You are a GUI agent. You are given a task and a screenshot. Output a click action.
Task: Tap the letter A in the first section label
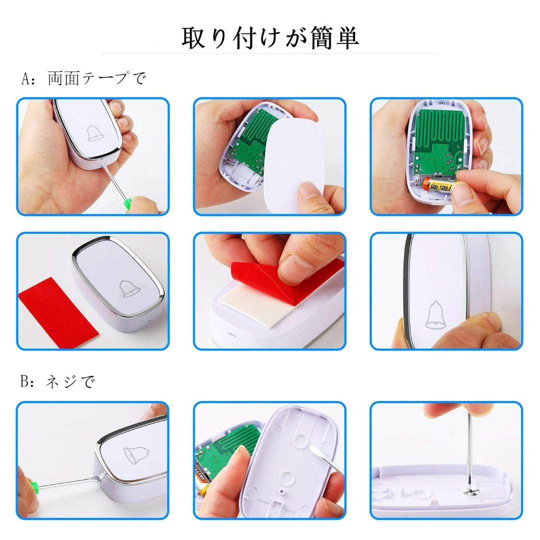tap(26, 78)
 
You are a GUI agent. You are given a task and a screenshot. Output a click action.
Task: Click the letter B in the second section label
tap(24, 381)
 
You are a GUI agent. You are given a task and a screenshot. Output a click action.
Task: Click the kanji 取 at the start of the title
tap(193, 37)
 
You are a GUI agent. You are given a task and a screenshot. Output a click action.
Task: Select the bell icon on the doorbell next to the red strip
tap(130, 288)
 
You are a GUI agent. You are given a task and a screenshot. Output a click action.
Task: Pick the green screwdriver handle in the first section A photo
tap(128, 203)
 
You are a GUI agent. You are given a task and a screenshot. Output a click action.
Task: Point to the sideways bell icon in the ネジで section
tap(136, 454)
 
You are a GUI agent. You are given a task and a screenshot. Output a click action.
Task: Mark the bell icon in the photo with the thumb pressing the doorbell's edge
tap(435, 315)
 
